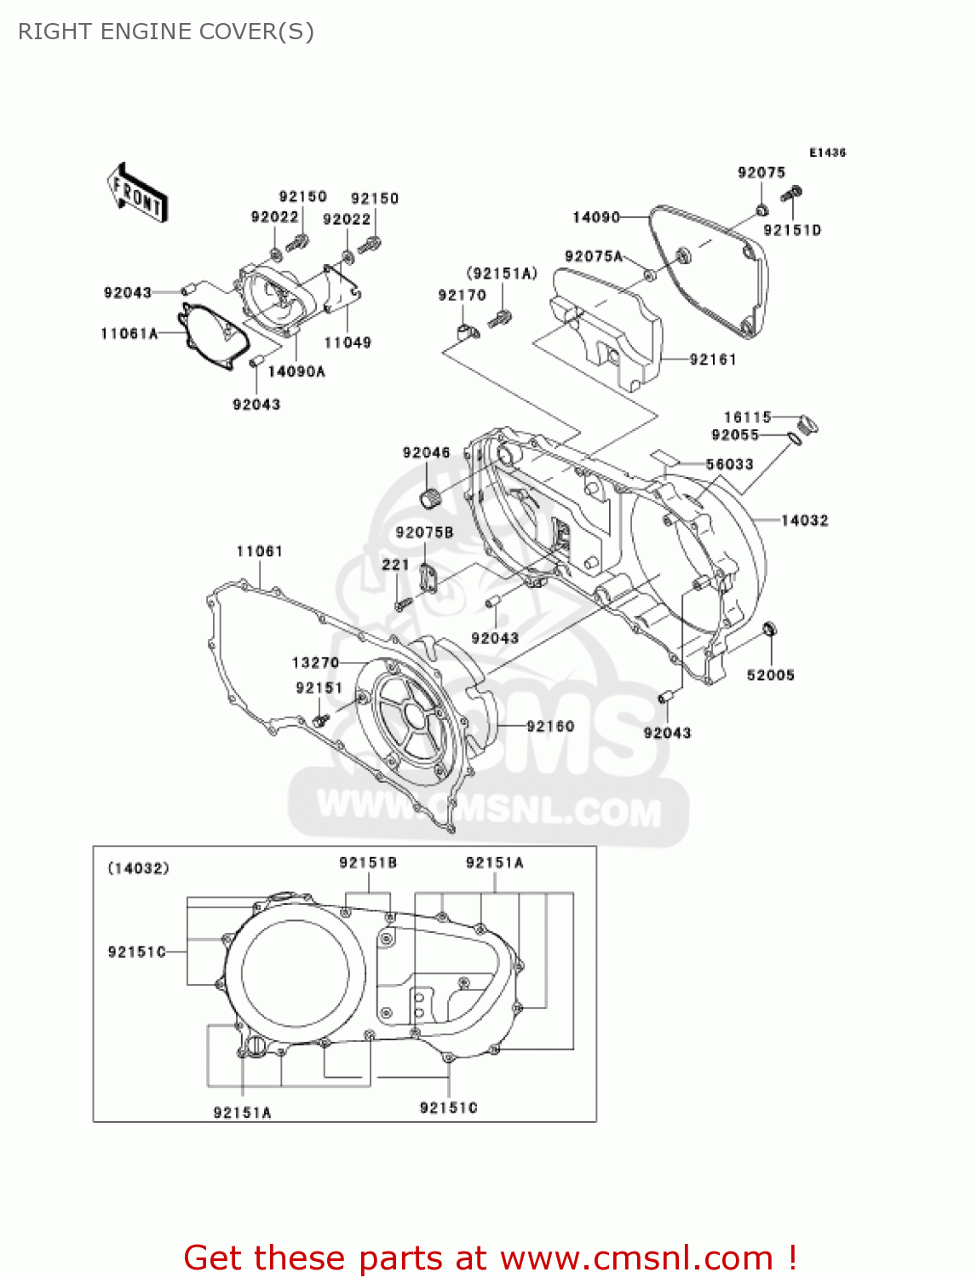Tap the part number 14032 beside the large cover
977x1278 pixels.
pyautogui.click(x=804, y=521)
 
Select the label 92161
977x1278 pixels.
pyautogui.click(x=712, y=360)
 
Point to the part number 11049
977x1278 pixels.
pyautogui.click(x=348, y=343)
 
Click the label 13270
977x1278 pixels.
pyautogui.click(x=315, y=663)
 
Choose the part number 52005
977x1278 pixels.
pyautogui.click(x=770, y=676)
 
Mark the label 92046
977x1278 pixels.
pyautogui.click(x=426, y=453)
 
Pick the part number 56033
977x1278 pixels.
pyautogui.click(x=729, y=464)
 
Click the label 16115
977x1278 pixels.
pyautogui.click(x=747, y=417)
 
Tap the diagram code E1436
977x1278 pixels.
pyautogui.click(x=827, y=153)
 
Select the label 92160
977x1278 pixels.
pyautogui.click(x=550, y=727)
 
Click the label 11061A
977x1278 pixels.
pyautogui.click(x=129, y=334)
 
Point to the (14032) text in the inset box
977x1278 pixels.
pyautogui.click(x=138, y=869)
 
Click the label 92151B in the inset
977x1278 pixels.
pyautogui.click(x=368, y=863)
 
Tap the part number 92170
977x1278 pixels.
pyautogui.click(x=462, y=296)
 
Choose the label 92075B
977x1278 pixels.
pyautogui.click(x=424, y=533)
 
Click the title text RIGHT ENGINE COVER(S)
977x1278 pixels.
pyautogui.click(x=166, y=32)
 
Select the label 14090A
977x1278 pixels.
pyautogui.click(x=296, y=372)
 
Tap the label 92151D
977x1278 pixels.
pyautogui.click(x=791, y=231)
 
